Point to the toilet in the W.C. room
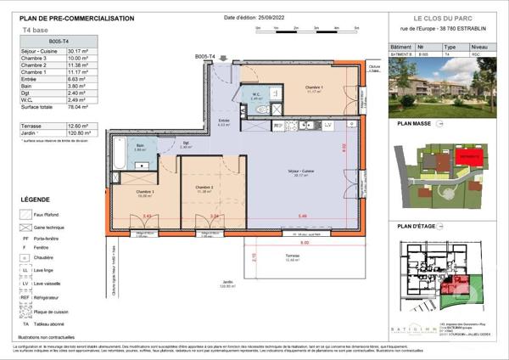click(x=264, y=110)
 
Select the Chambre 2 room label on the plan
click(x=203, y=188)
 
